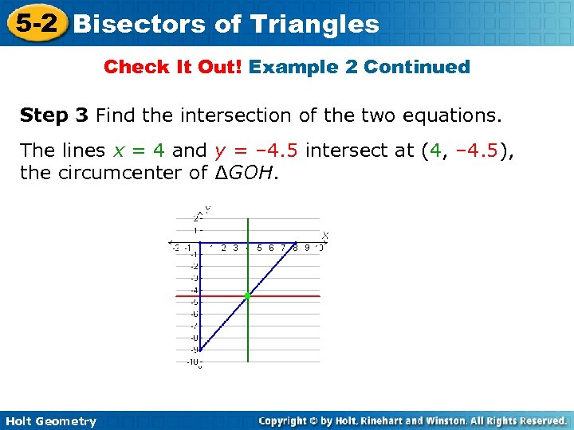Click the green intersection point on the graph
click(248, 295)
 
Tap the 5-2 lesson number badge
click(33, 22)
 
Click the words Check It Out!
click(174, 67)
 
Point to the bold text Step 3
click(54, 116)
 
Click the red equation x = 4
click(139, 150)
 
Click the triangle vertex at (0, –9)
click(200, 349)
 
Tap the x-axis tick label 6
click(272, 248)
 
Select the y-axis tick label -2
click(193, 266)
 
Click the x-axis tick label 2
click(224, 248)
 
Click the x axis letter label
click(325, 235)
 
